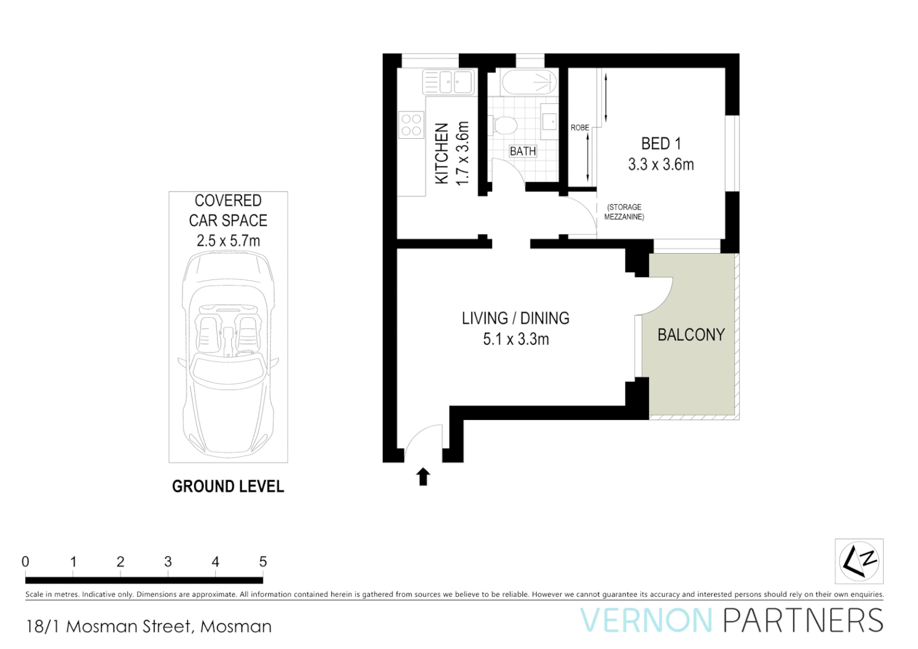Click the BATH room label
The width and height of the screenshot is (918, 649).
coord(523,151)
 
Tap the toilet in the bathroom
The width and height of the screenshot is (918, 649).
coord(504,126)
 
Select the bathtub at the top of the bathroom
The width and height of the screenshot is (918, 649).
coord(529,82)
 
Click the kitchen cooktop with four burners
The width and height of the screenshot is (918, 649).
coord(412,125)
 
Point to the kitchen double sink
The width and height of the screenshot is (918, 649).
coord(449,82)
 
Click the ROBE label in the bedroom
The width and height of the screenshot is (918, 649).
coord(580,127)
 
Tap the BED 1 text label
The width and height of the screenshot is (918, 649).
coord(661,144)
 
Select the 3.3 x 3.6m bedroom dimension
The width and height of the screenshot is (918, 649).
coord(661,165)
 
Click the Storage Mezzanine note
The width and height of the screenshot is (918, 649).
coord(624,212)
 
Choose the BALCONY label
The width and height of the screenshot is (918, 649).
coord(691,335)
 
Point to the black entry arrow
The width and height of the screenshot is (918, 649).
coord(423,477)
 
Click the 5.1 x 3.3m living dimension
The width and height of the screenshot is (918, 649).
coord(515,340)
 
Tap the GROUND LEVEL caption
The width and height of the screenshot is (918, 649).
coord(228,486)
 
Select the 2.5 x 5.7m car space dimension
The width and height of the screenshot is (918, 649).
coord(228,241)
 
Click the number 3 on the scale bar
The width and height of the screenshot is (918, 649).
coord(168,562)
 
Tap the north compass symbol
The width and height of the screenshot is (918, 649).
coord(859,561)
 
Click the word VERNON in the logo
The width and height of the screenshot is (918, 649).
coord(646,621)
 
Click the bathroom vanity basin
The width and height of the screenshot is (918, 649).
coord(550,120)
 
